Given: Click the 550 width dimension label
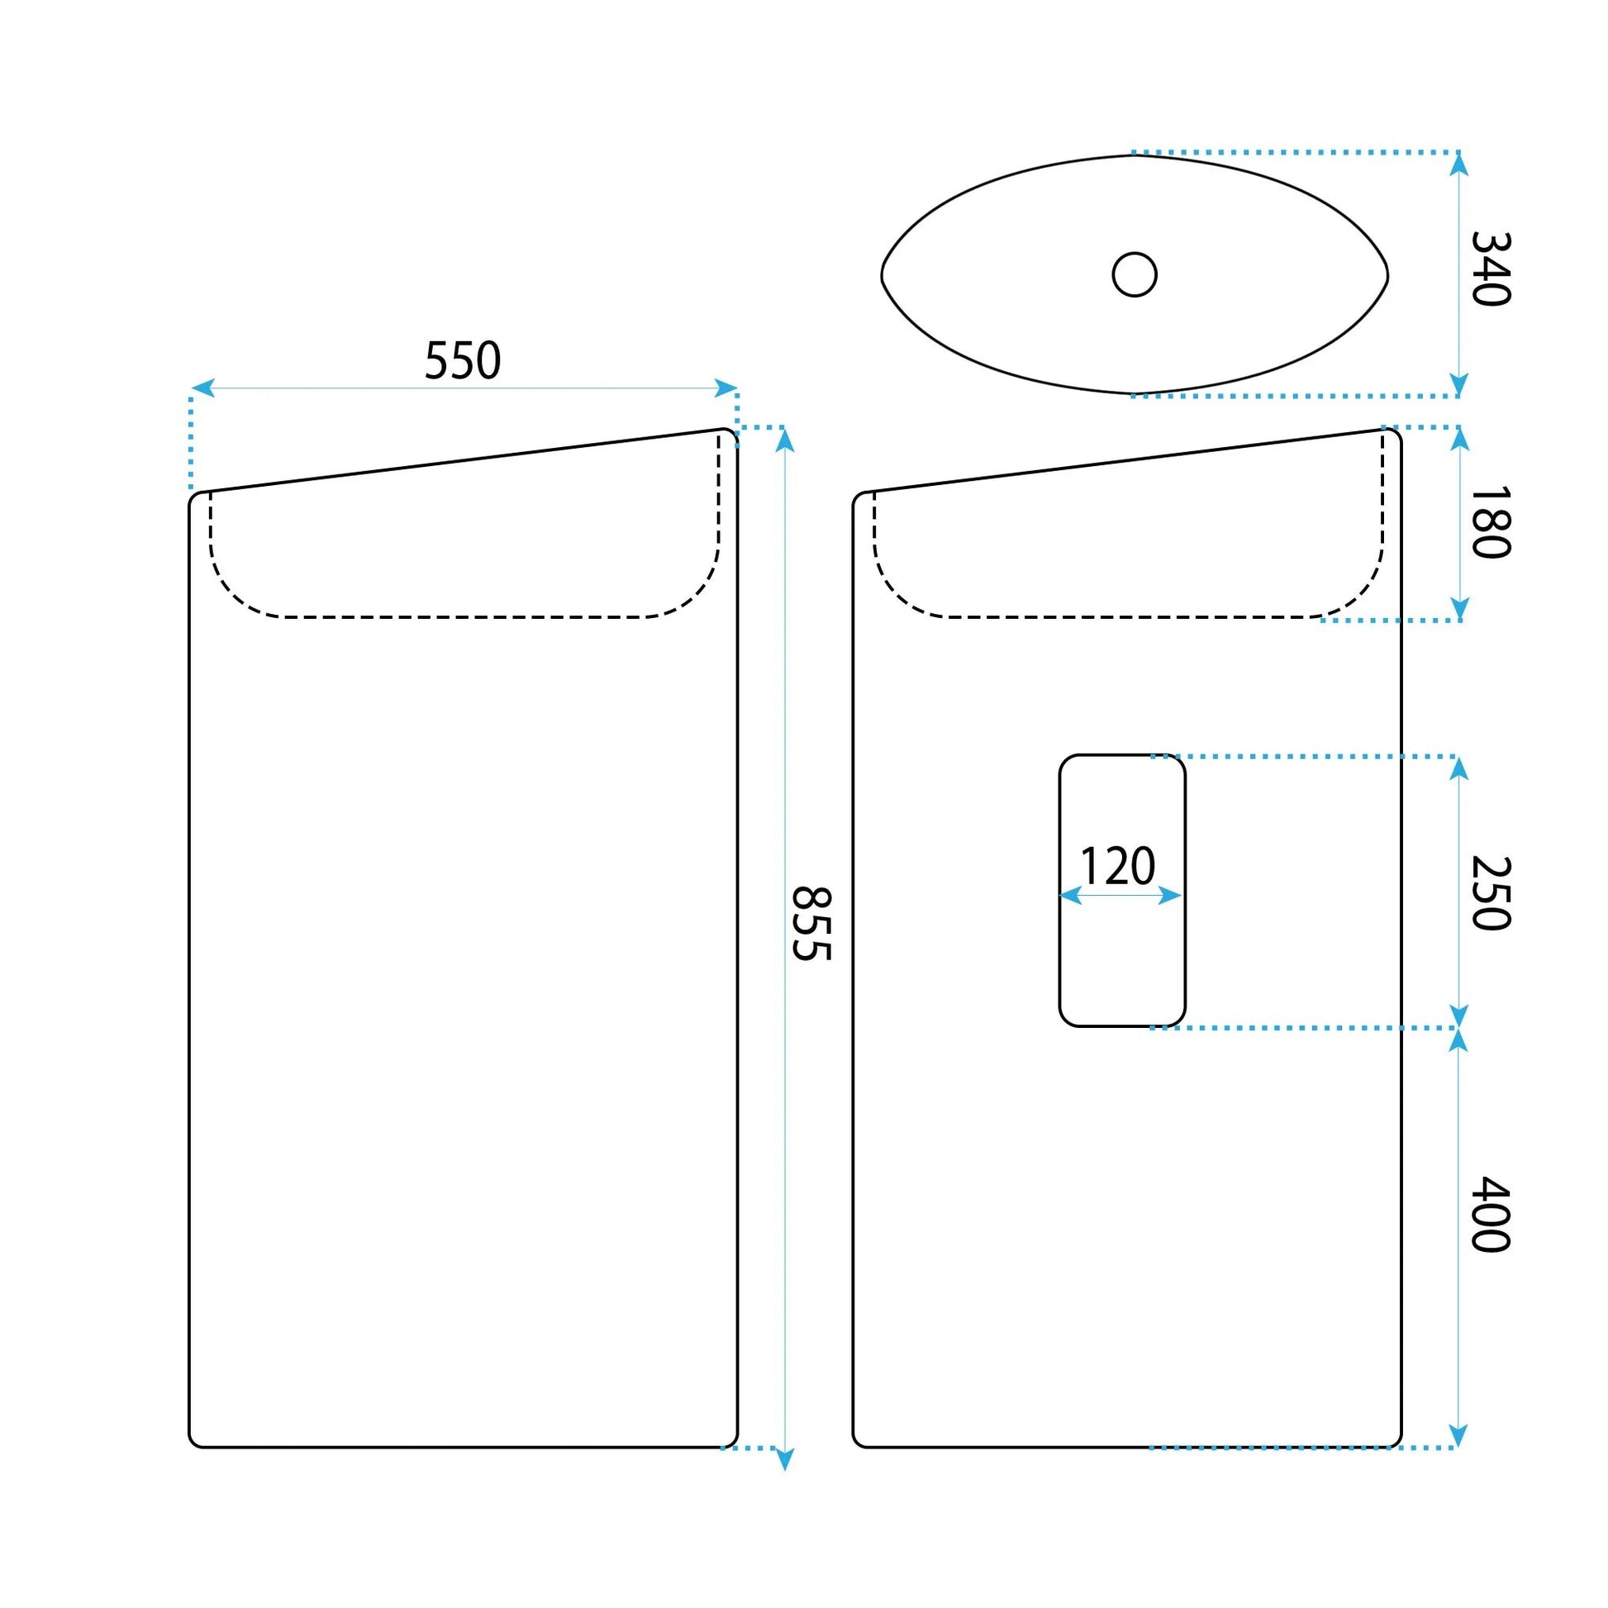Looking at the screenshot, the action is click(463, 360).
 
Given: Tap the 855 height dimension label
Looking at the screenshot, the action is click(811, 925).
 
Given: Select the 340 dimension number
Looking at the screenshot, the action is click(1491, 269).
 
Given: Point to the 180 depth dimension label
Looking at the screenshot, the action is click(1491, 522).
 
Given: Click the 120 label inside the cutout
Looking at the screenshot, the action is click(1118, 866).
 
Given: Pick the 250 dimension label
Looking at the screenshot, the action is click(1491, 893).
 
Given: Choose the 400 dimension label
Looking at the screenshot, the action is click(1491, 1215).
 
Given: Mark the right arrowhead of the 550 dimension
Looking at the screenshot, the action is click(726, 388).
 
